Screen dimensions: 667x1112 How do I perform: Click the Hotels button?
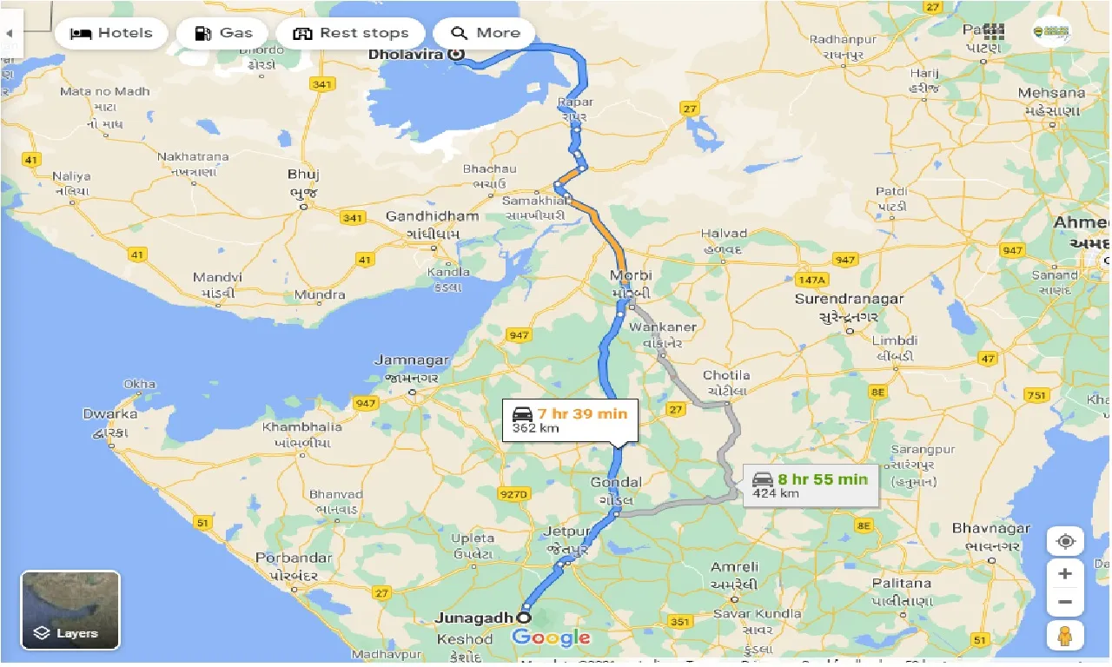tap(110, 34)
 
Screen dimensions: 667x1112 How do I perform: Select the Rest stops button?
tap(350, 34)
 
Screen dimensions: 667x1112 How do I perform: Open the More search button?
tap(485, 34)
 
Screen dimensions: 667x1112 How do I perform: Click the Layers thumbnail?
tap(70, 610)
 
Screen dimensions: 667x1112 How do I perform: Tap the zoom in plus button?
tap(1065, 574)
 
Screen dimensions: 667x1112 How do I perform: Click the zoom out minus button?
tap(1065, 602)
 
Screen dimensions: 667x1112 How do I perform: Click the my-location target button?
tap(1065, 542)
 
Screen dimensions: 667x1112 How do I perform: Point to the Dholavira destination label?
tap(406, 54)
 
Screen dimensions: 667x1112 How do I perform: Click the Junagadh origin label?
tap(474, 617)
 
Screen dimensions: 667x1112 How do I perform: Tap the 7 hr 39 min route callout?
tap(570, 419)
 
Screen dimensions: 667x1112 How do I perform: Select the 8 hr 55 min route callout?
tap(811, 485)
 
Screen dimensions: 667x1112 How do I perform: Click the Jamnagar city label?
tap(411, 360)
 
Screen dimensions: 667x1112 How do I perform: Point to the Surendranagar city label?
tap(849, 299)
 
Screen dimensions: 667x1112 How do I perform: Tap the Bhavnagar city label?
tap(990, 528)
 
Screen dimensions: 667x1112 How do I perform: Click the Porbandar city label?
tap(294, 558)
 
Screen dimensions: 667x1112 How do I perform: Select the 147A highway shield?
tap(811, 280)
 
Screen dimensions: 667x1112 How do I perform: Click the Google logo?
tap(551, 638)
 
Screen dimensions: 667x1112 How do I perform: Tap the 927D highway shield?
tap(513, 494)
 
